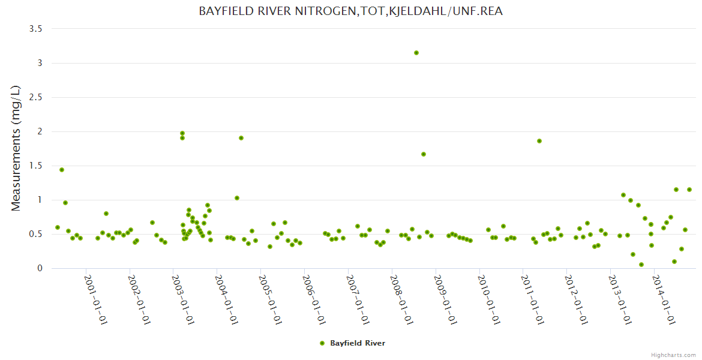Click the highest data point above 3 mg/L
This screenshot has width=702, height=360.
[416, 53]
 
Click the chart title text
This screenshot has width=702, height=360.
[350, 11]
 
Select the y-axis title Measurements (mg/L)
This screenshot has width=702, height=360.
[16, 148]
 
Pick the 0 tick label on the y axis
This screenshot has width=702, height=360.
[40, 268]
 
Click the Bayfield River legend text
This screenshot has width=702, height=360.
[358, 343]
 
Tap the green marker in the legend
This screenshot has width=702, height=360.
[322, 343]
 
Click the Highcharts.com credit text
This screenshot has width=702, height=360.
[673, 355]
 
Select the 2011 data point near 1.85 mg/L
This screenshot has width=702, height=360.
[539, 141]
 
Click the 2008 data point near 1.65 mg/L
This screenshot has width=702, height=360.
[424, 154]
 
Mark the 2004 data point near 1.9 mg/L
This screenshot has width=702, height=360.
[241, 138]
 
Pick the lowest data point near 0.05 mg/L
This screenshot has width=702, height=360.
[641, 265]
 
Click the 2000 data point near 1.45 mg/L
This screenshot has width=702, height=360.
[62, 170]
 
